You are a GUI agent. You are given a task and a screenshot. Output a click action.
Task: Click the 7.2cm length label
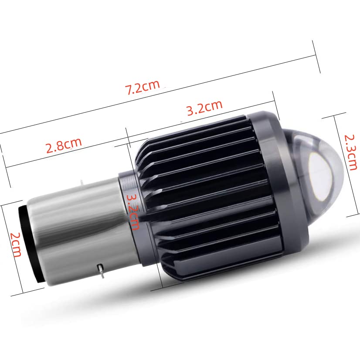click(x=142, y=87)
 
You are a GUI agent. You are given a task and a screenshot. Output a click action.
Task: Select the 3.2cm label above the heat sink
click(x=204, y=108)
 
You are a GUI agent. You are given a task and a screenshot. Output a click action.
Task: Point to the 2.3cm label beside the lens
click(x=350, y=152)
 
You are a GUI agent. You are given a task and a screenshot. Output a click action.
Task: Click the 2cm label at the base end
click(x=16, y=245)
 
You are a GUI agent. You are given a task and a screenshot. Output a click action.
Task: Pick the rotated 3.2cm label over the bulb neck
click(x=132, y=212)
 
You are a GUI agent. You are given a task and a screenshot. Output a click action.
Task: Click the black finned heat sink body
click(x=209, y=196)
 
